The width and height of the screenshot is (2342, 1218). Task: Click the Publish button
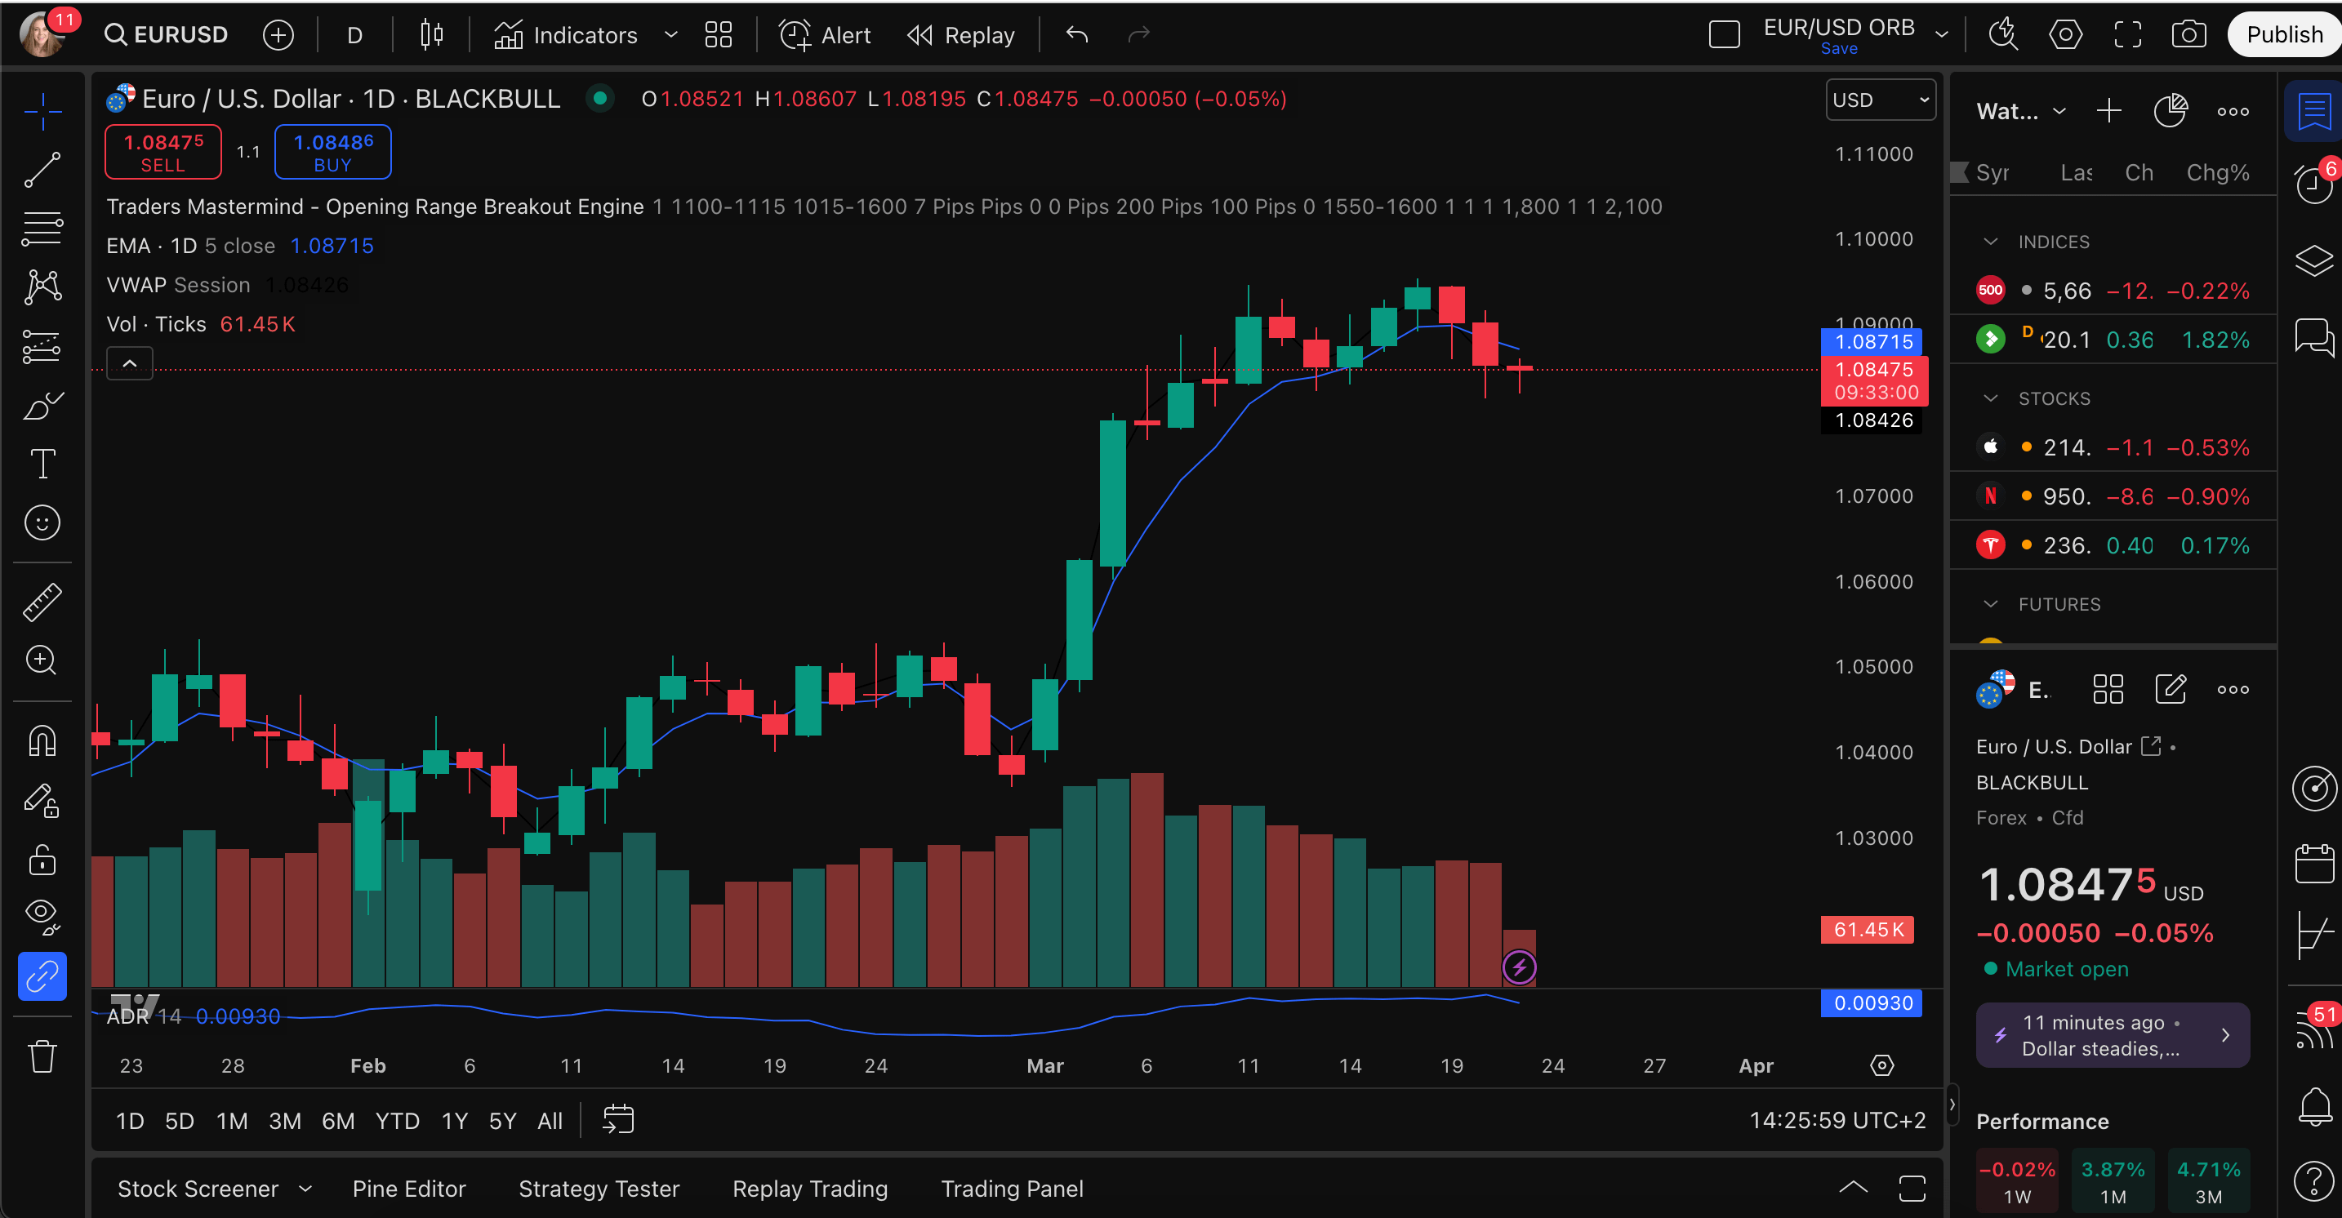click(x=2283, y=34)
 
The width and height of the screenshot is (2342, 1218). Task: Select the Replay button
click(x=961, y=35)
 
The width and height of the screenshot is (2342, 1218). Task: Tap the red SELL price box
click(x=163, y=152)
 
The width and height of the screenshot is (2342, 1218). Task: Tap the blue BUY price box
click(x=332, y=152)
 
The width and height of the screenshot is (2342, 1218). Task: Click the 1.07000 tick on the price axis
click(x=1873, y=496)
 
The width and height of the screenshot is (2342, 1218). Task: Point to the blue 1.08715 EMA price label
click(x=1873, y=342)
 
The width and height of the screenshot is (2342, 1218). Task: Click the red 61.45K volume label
click(x=1868, y=929)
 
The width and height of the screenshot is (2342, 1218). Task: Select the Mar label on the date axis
click(x=1044, y=1065)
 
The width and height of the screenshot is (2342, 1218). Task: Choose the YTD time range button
click(x=398, y=1121)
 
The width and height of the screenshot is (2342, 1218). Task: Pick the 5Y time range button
click(x=502, y=1121)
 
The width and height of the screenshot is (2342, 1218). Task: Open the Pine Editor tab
click(x=408, y=1188)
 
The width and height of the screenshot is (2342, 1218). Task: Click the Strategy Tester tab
click(x=599, y=1188)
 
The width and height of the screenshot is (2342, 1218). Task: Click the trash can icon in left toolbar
click(x=42, y=1056)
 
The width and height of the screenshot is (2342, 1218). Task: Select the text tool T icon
click(x=42, y=464)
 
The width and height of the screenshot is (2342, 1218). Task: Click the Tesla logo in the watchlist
click(x=1990, y=545)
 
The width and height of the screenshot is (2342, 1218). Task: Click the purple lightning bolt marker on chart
click(x=1519, y=967)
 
